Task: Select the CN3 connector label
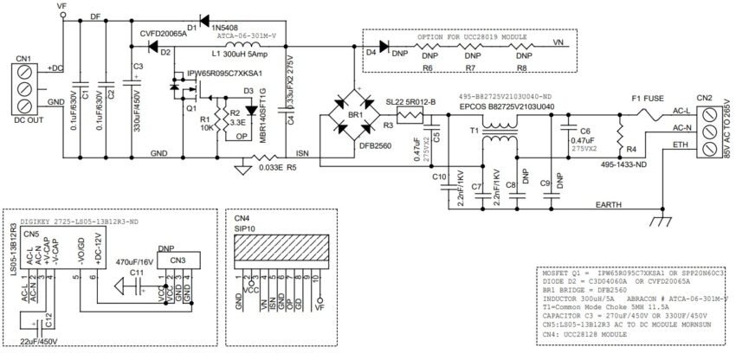177,259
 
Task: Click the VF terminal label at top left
63,6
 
